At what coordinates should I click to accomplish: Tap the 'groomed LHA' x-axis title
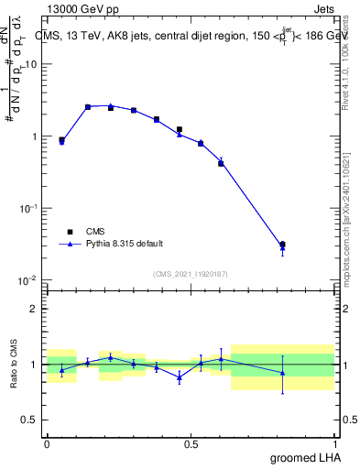pos(305,457)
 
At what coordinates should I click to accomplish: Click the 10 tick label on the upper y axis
pos(30,65)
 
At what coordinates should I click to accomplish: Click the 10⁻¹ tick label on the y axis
pos(29,208)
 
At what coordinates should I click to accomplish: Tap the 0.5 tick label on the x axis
pos(191,443)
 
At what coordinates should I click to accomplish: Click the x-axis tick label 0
pos(47,443)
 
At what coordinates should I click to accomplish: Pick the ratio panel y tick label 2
pos(34,309)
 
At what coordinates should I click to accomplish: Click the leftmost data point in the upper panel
pos(61,141)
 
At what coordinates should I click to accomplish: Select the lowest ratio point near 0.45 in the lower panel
pos(180,376)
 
